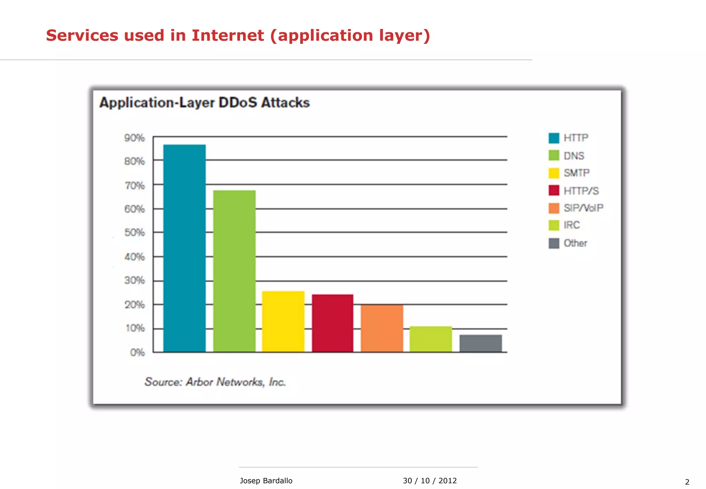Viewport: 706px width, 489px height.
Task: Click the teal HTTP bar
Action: (x=184, y=248)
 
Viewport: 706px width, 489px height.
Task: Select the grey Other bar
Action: (x=481, y=343)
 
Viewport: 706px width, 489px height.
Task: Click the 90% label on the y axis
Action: (x=134, y=138)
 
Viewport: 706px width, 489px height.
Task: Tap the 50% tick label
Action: (x=134, y=232)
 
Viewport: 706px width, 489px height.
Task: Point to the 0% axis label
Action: (x=137, y=352)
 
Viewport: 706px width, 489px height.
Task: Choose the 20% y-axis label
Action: (x=134, y=305)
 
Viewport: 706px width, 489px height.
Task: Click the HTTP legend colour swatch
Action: (x=554, y=138)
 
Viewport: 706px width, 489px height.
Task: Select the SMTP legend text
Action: (x=576, y=173)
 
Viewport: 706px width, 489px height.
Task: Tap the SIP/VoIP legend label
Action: (x=583, y=208)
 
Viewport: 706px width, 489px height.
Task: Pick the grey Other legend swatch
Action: (x=554, y=243)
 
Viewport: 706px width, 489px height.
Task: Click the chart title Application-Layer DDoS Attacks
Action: (x=204, y=103)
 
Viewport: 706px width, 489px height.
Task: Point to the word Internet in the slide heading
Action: (x=228, y=36)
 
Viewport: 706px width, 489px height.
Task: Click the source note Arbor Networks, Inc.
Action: (x=215, y=382)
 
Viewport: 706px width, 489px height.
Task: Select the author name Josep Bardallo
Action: (x=266, y=481)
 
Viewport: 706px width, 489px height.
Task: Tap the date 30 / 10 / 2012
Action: (x=430, y=481)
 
